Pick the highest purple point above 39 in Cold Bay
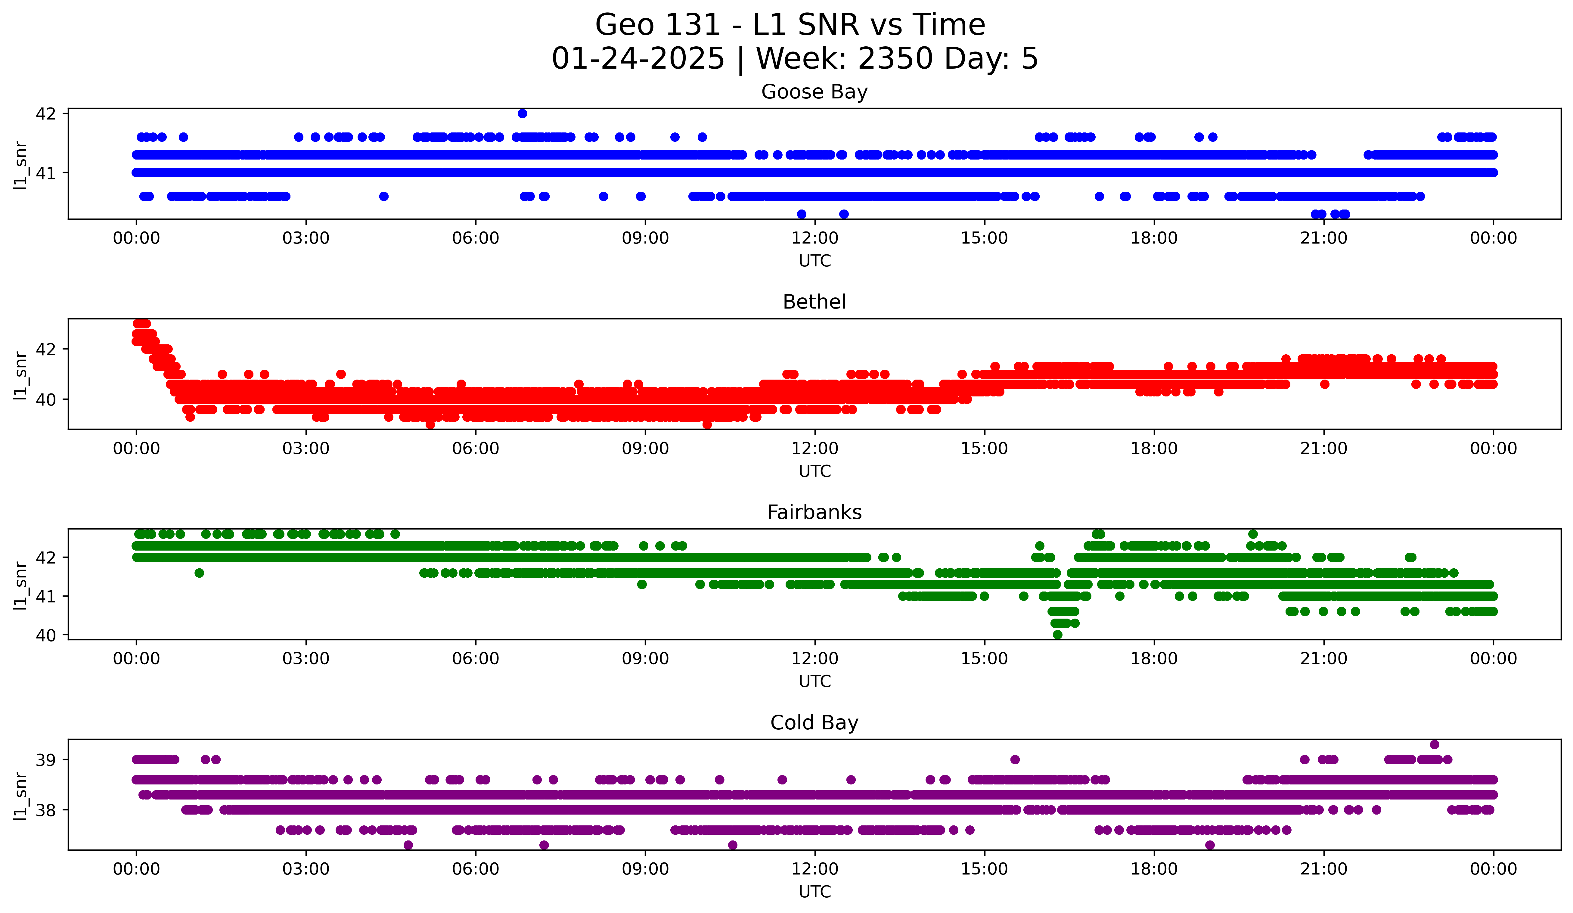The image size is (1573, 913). pos(1435,744)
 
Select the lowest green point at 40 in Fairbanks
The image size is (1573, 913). pos(1057,635)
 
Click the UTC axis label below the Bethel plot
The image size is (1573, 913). pos(814,471)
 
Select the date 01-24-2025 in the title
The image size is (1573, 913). pos(638,59)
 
